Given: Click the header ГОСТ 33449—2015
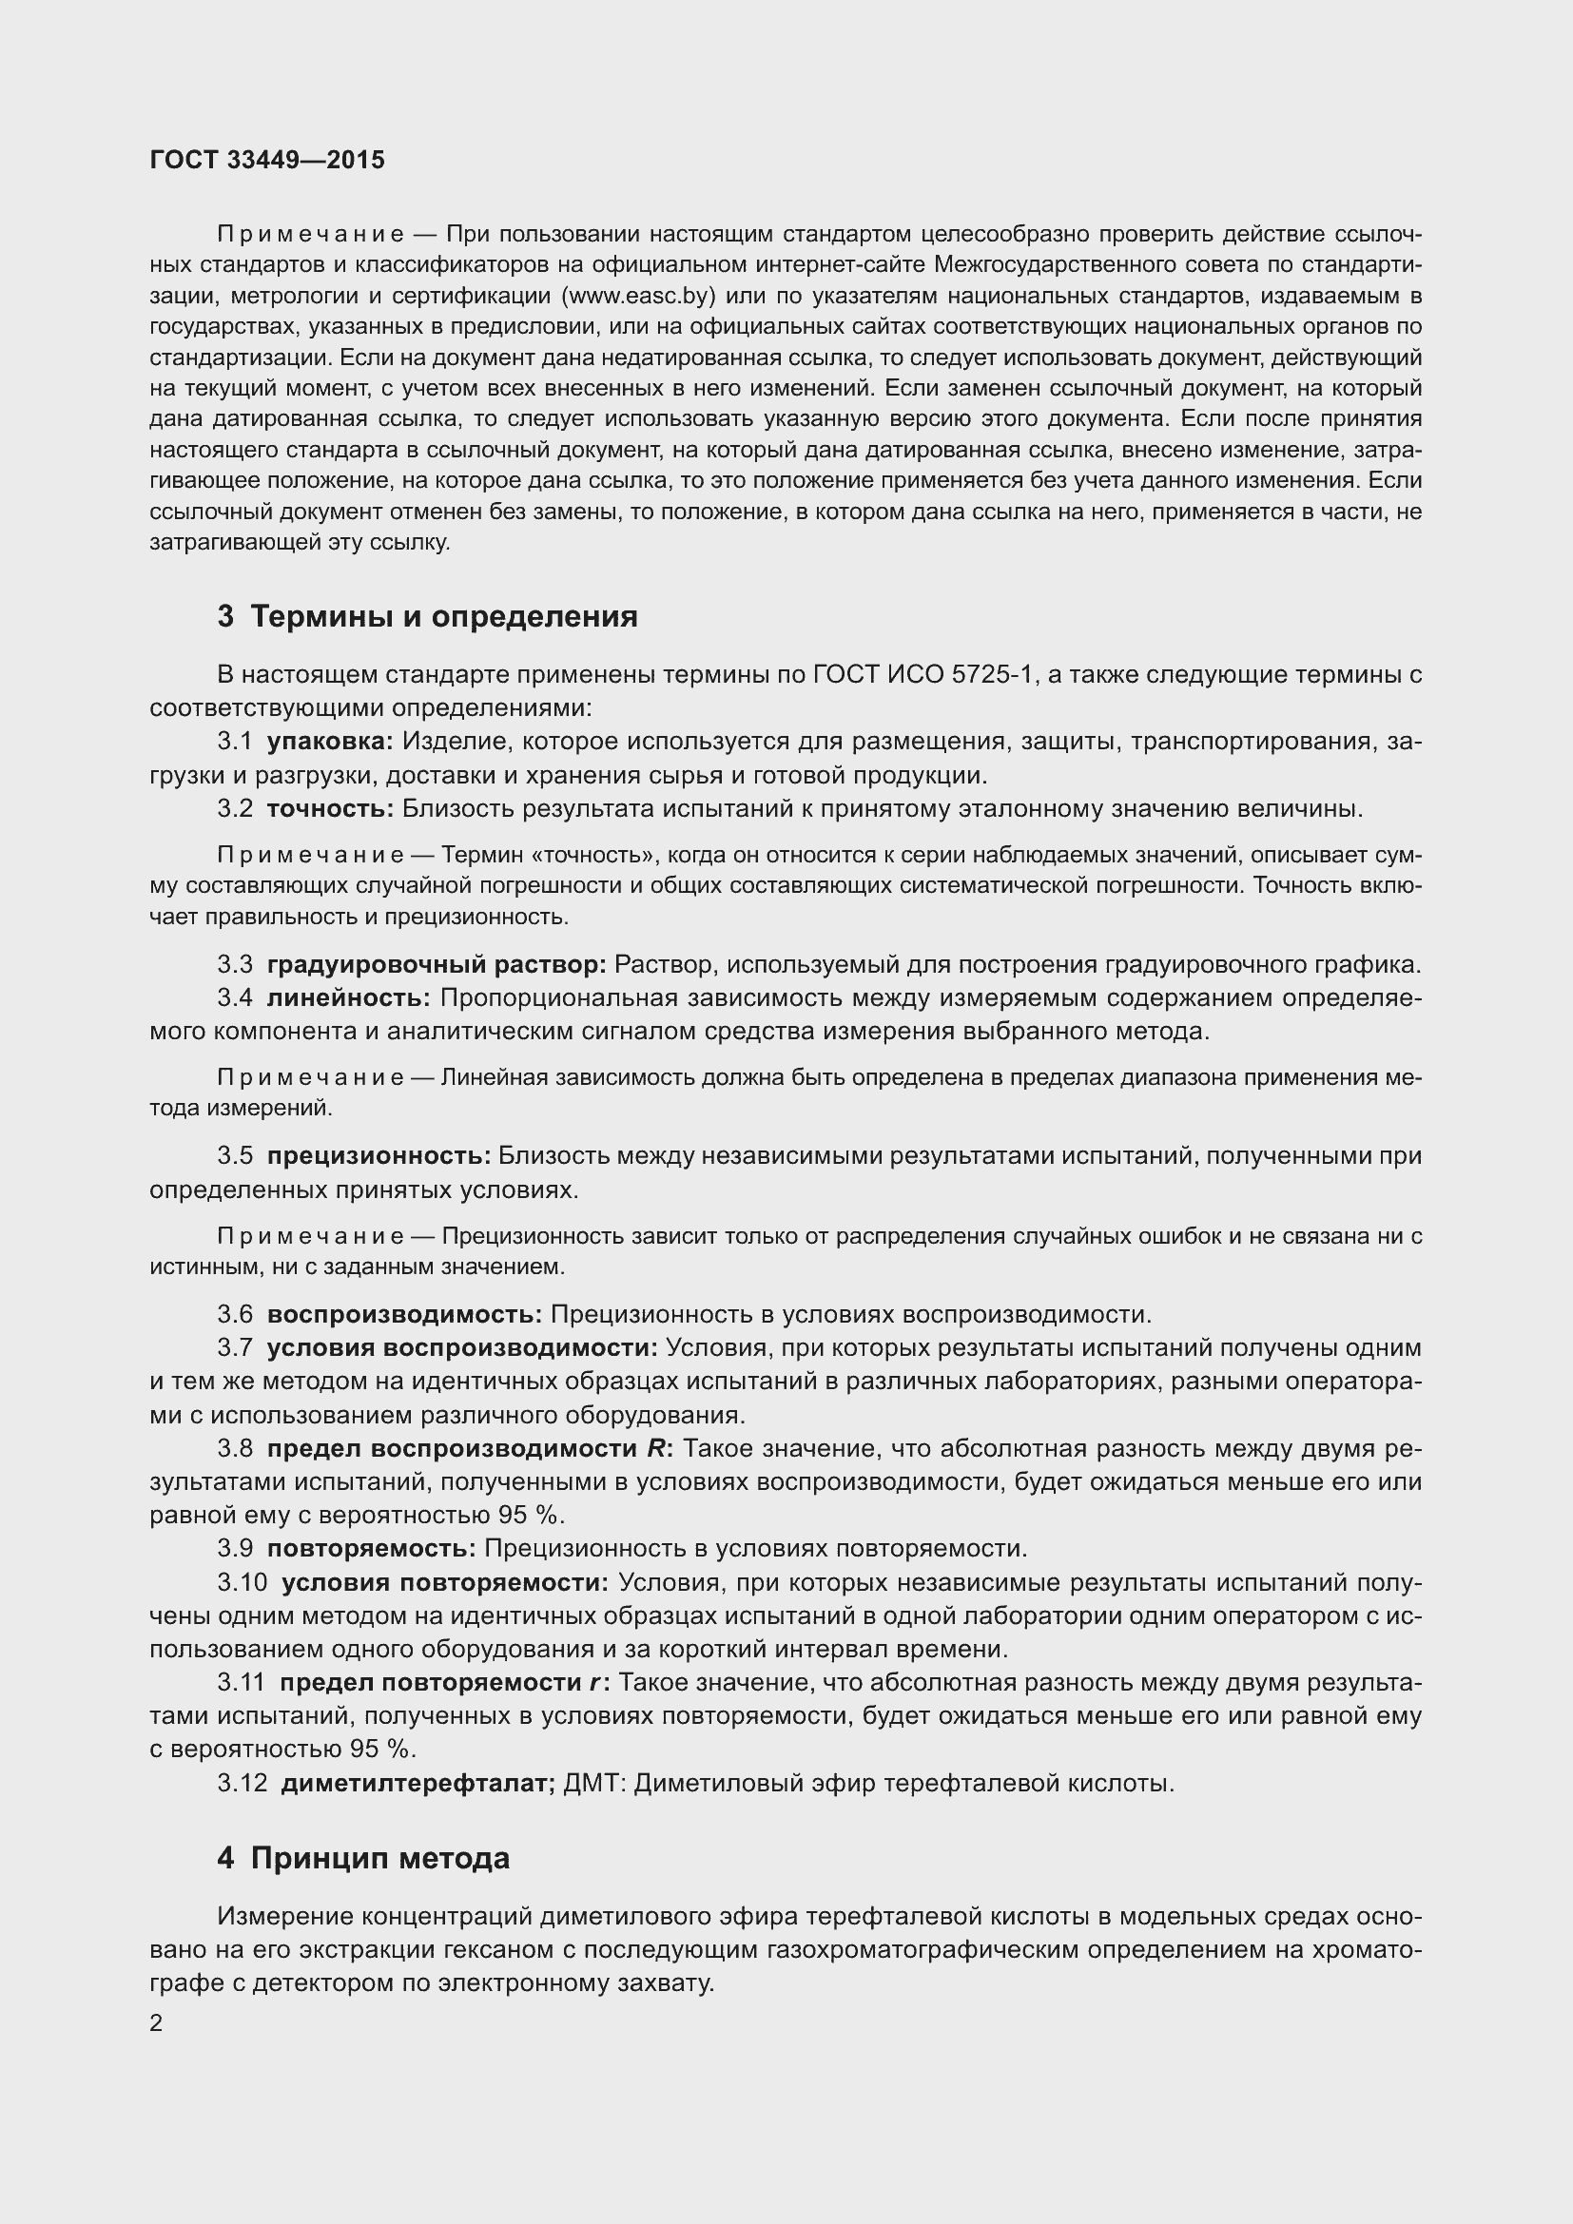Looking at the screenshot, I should [267, 160].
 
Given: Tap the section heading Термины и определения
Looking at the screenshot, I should [443, 616].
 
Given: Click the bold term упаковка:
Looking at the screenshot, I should [329, 741].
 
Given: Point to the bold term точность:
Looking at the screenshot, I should [330, 809].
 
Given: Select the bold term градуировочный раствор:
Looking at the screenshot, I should [436, 965].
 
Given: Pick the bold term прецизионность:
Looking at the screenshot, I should [379, 1155].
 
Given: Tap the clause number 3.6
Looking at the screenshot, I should [234, 1314].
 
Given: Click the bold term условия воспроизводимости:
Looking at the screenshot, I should [462, 1347].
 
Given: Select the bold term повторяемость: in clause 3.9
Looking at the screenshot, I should [371, 1548].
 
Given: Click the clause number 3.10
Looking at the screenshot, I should [242, 1582].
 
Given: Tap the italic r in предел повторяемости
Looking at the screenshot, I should [592, 1683].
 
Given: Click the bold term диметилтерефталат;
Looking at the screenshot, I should [418, 1782].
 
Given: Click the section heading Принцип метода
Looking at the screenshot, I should [379, 1858].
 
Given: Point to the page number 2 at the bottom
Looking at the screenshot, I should [156, 2023].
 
